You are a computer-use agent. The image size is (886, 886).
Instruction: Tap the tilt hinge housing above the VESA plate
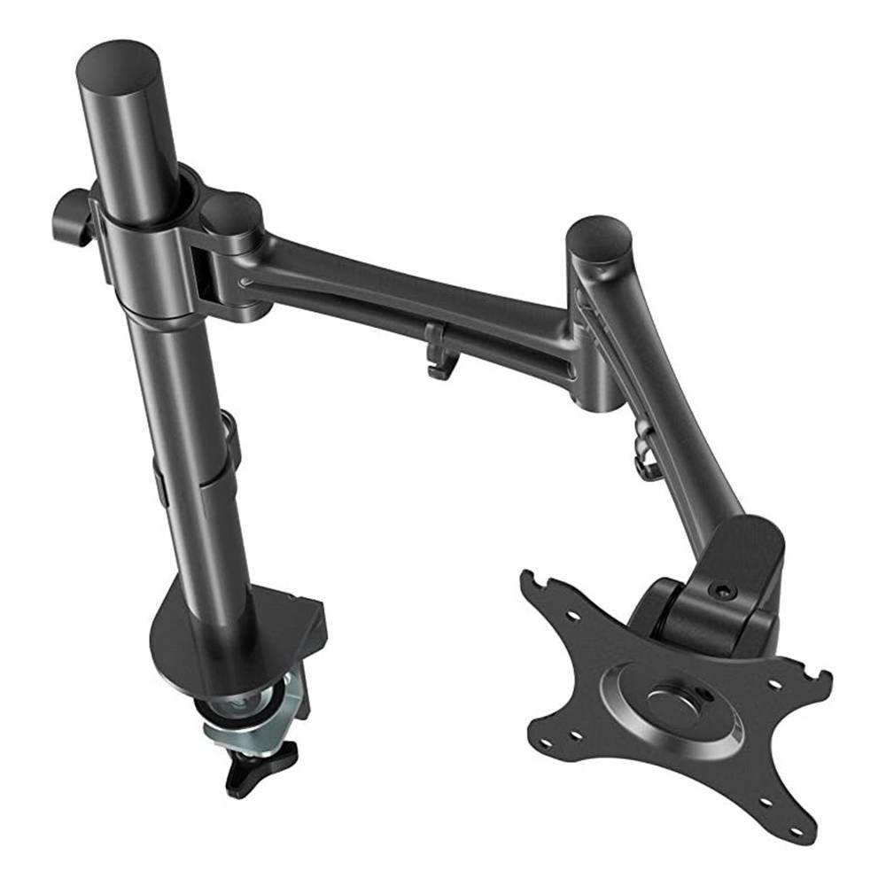709,611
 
